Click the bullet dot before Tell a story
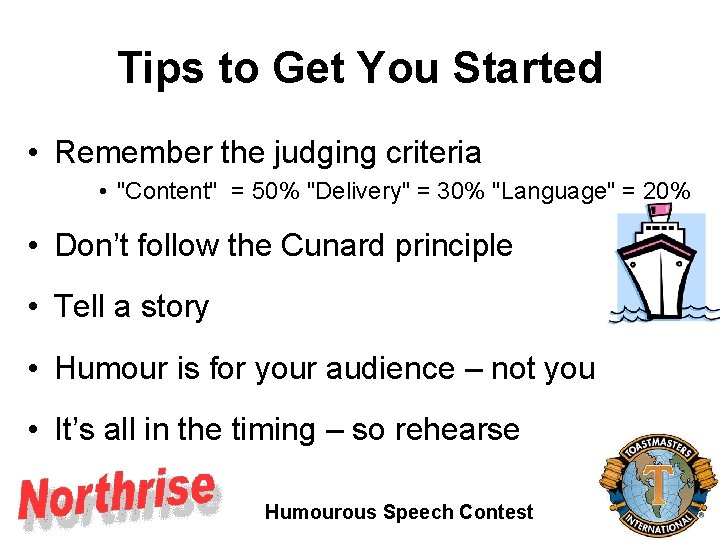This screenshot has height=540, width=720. pos(34,307)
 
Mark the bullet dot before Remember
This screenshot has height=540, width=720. pos(34,153)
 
